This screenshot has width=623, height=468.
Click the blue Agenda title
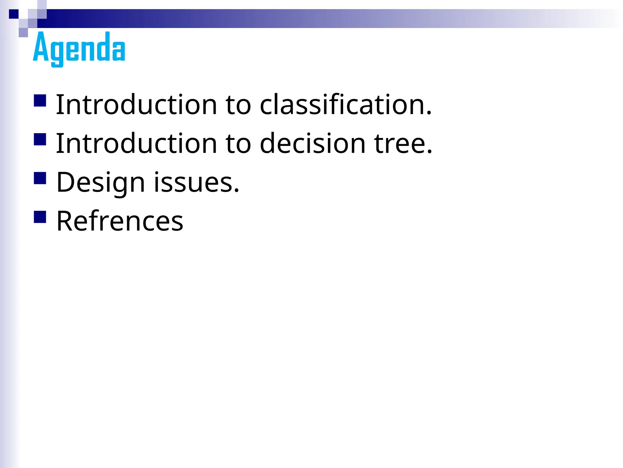click(x=79, y=48)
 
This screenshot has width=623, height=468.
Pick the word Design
click(x=101, y=183)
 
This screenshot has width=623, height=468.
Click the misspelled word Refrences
click(x=120, y=221)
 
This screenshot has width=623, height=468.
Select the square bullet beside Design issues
click(x=40, y=178)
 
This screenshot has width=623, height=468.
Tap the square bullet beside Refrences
click(x=40, y=217)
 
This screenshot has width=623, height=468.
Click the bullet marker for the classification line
click(x=40, y=101)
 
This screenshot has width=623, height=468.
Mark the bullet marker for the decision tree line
click(x=40, y=139)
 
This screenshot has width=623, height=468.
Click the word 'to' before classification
click(x=238, y=105)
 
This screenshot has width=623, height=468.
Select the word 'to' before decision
click(x=238, y=144)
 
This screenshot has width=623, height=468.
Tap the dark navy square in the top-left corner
click(x=14, y=14)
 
